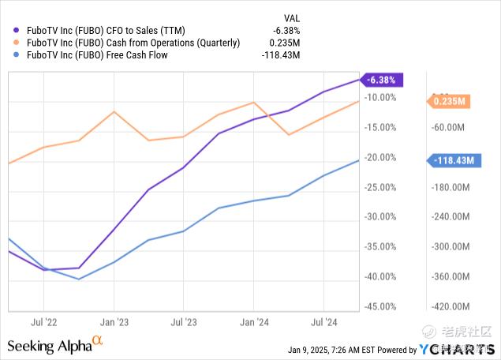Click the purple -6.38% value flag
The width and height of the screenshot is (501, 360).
(383, 79)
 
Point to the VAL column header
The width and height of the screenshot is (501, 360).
(291, 17)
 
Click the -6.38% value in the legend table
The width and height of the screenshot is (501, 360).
(288, 31)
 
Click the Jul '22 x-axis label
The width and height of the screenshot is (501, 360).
(44, 322)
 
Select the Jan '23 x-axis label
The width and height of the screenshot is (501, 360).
(114, 322)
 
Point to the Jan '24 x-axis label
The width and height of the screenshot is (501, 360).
(253, 322)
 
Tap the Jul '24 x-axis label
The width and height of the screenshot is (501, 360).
(323, 322)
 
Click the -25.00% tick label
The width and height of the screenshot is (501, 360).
(381, 187)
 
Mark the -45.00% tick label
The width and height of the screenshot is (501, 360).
(381, 306)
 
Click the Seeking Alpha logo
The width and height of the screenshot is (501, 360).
(55, 344)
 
